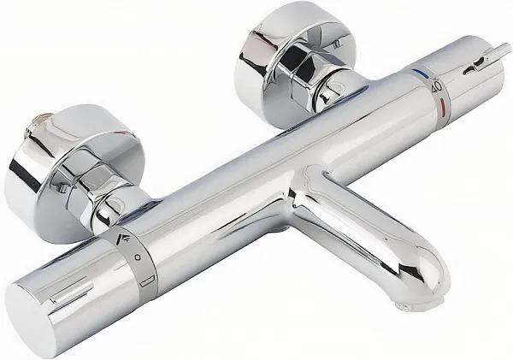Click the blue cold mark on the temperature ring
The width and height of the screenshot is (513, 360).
(x=418, y=72)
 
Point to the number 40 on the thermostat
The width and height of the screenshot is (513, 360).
(x=436, y=86)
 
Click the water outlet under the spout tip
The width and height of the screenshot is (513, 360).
(x=403, y=301)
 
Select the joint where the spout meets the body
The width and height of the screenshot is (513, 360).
(x=304, y=184)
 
